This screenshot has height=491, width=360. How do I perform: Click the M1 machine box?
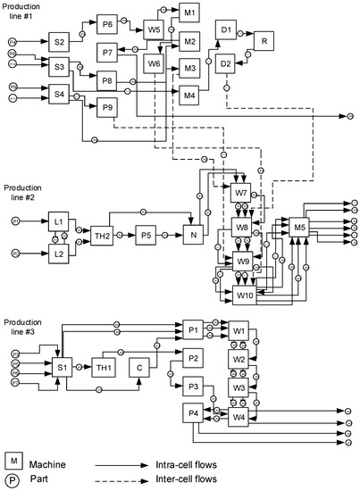click(x=190, y=14)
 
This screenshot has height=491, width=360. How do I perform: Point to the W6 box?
click(x=154, y=63)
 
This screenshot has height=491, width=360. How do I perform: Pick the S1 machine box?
click(x=62, y=369)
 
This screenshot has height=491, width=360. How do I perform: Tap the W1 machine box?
click(x=239, y=330)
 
